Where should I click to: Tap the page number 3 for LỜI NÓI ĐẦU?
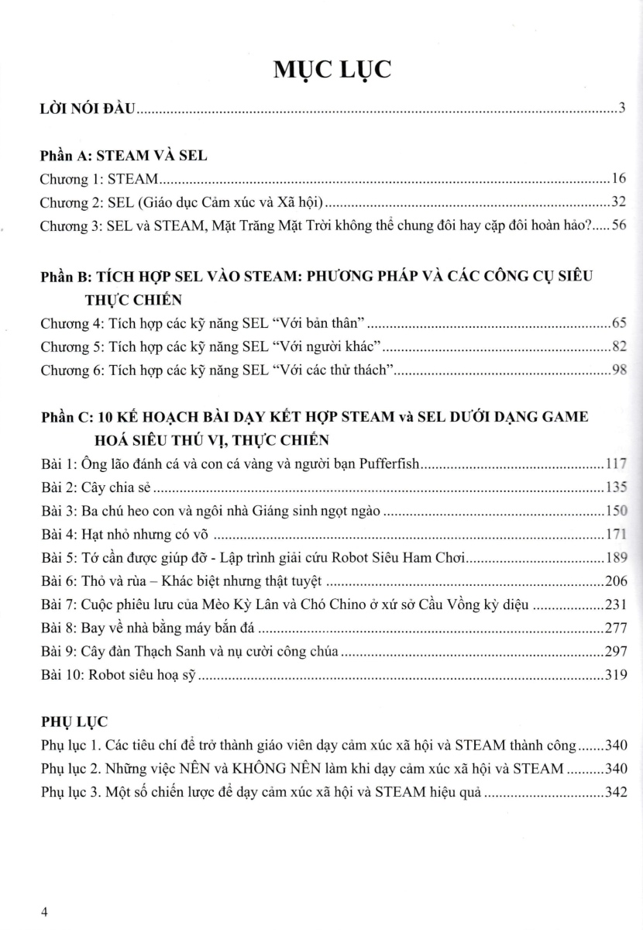(x=622, y=108)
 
